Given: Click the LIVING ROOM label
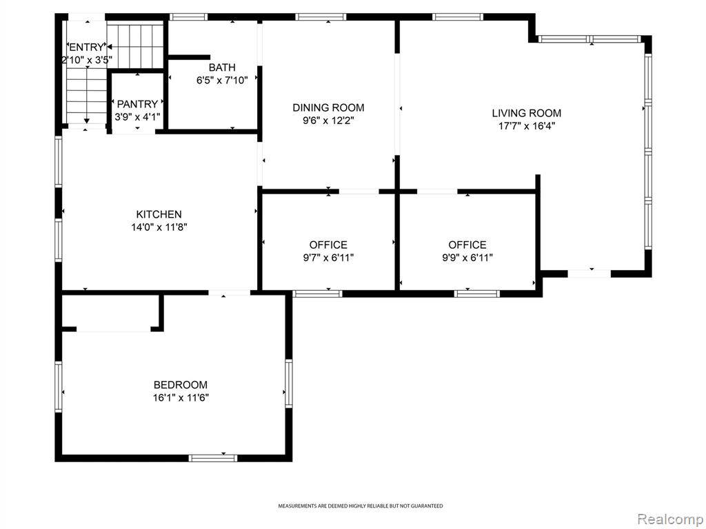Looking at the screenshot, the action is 526,113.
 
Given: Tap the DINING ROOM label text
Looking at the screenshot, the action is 328,107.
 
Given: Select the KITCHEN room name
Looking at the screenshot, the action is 159,215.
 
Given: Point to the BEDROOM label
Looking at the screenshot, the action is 181,385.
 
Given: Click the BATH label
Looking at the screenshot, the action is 222,68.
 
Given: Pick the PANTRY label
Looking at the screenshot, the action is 137,105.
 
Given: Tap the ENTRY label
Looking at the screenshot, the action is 86,48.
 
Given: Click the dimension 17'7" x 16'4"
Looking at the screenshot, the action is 526,126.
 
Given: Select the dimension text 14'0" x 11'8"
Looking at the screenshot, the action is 159,227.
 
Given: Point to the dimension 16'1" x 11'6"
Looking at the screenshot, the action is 181,397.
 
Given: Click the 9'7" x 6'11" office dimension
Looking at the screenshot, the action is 328,258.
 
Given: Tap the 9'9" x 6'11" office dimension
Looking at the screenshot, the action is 467,258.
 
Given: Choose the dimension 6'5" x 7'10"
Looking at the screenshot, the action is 222,81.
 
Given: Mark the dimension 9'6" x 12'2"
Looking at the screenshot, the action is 328,121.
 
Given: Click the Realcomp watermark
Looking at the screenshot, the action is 671,519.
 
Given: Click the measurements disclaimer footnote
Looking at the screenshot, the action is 360,506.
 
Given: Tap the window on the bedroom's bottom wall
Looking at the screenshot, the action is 212,458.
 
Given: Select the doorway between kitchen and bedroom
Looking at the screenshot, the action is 229,293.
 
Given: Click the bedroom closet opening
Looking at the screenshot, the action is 114,329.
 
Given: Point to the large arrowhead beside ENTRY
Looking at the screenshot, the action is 109,46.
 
